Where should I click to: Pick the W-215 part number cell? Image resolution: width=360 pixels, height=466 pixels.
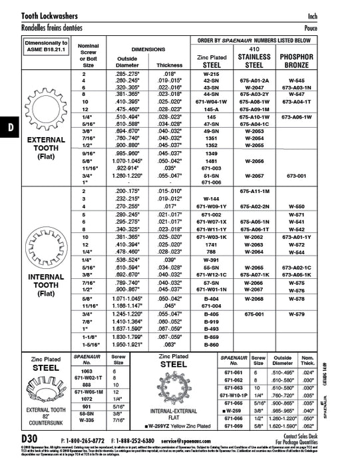pos(212,74)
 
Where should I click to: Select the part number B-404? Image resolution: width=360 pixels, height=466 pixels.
pos(212,299)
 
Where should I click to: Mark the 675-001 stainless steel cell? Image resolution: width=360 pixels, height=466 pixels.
pos(254,312)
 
